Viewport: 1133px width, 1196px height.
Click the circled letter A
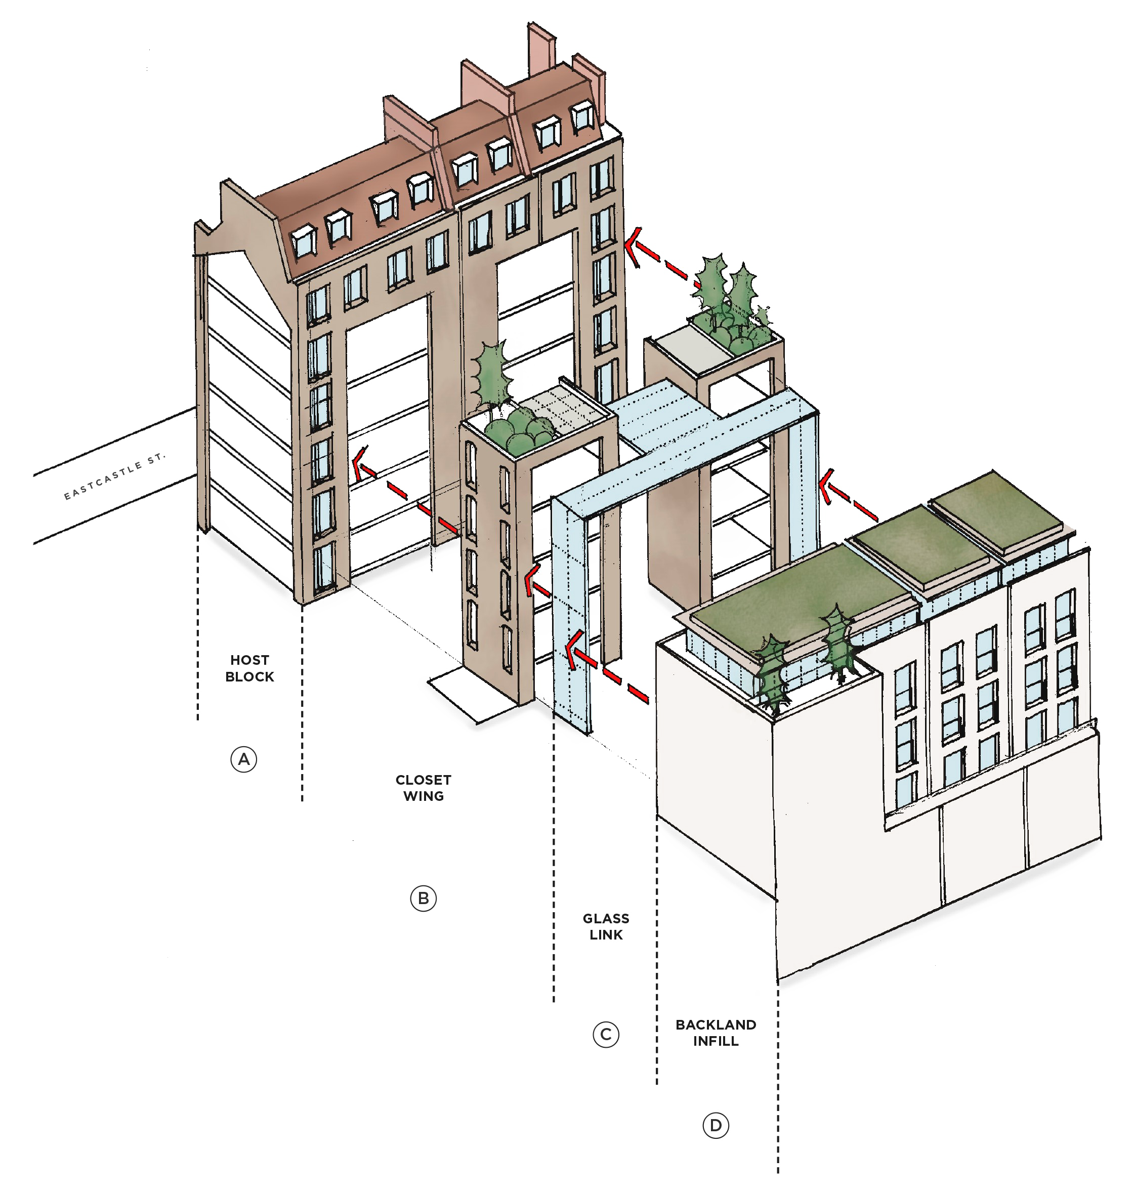coord(243,759)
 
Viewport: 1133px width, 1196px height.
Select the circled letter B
coord(423,899)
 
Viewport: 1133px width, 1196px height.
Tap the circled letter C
coord(606,1035)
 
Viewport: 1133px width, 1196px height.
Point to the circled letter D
coord(716,1125)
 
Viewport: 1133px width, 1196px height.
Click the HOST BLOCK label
coord(249,668)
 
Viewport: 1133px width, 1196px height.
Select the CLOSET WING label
coord(424,788)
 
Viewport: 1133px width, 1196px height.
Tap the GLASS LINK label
coord(606,927)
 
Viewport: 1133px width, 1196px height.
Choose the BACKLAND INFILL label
coord(716,1033)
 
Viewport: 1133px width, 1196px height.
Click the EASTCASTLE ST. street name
coord(114,477)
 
